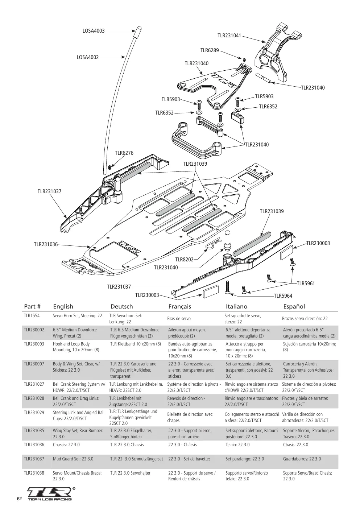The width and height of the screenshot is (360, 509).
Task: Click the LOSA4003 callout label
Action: (x=94, y=31)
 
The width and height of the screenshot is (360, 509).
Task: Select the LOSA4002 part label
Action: (x=88, y=57)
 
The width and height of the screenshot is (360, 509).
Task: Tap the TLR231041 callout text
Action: (x=229, y=36)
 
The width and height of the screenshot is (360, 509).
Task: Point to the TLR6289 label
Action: (x=210, y=50)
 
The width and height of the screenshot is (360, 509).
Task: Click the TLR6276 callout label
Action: (x=124, y=153)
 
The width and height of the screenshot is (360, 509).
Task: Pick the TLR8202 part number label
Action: (x=184, y=260)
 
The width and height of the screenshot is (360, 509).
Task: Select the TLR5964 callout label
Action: (x=283, y=295)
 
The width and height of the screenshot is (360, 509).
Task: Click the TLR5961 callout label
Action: (x=306, y=284)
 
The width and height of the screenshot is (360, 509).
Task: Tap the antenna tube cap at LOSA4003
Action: (x=138, y=31)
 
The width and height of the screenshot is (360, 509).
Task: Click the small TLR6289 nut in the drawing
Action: (x=244, y=59)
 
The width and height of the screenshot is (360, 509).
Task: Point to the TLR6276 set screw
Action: (x=110, y=167)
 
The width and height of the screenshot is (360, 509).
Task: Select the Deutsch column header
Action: (x=121, y=306)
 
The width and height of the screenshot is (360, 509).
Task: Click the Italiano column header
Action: (x=236, y=306)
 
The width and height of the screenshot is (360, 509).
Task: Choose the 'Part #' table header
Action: (x=32, y=306)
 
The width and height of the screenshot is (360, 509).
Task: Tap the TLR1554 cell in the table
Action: (x=32, y=316)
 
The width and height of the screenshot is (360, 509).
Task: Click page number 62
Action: (x=20, y=499)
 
